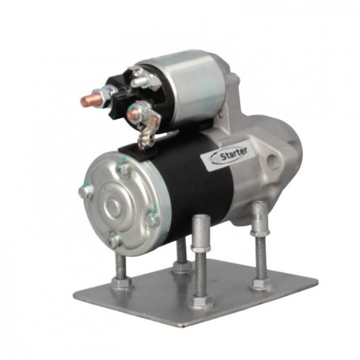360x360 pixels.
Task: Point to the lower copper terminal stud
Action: [x=133, y=114]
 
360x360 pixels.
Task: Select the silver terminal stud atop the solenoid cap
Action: [x=140, y=81]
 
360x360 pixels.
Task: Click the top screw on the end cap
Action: [x=123, y=169]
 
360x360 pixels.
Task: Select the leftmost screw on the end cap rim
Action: [x=86, y=191]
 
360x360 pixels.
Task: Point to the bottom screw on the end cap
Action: [x=114, y=240]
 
